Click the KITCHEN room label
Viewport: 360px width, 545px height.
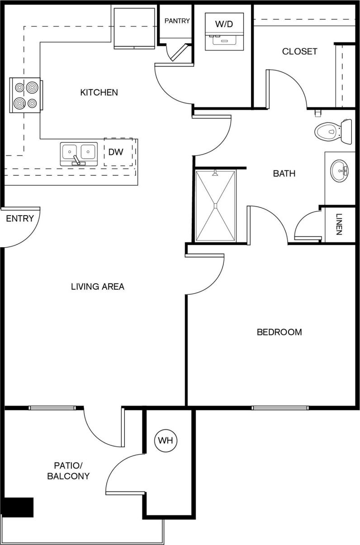[x=99, y=93]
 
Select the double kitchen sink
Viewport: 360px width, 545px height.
[x=79, y=153]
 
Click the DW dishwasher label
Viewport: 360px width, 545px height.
[x=116, y=152]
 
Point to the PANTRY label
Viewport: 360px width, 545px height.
[x=177, y=21]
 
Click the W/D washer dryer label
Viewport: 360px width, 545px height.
[x=224, y=24]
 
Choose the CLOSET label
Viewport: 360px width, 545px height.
[x=299, y=52]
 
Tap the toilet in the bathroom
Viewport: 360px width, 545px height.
[x=332, y=132]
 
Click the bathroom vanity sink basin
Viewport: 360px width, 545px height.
[x=339, y=171]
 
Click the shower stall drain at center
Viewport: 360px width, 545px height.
[x=216, y=206]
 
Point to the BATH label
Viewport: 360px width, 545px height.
[x=284, y=174]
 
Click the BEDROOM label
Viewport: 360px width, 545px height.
[x=279, y=332]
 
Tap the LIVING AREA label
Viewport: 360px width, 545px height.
[x=97, y=287]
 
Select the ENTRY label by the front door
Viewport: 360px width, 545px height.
[x=20, y=219]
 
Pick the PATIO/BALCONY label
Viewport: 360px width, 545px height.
[x=71, y=470]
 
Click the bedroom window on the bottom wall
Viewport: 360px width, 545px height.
[x=280, y=408]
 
